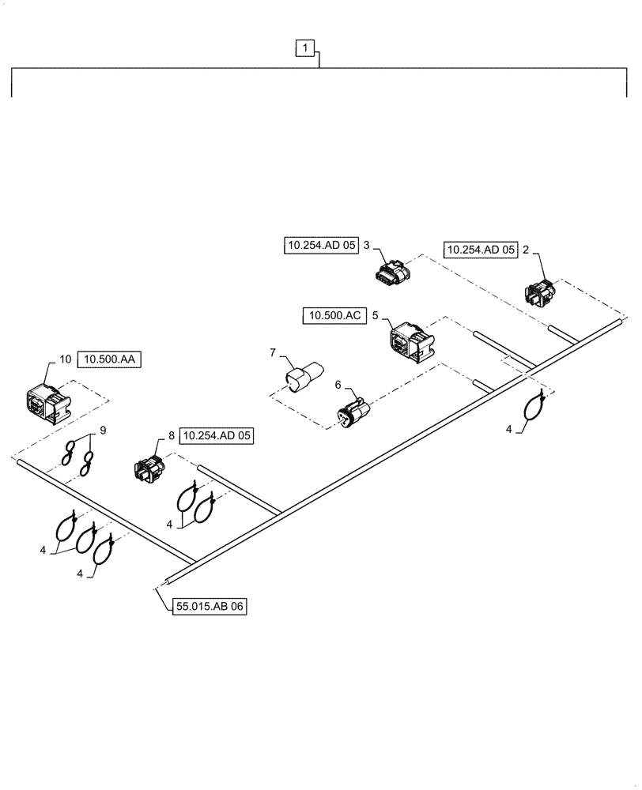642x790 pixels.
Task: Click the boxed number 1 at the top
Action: coord(305,49)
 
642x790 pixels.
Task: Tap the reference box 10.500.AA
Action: coord(108,359)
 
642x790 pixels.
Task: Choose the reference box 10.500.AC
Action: coord(333,316)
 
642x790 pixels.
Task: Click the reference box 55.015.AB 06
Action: coord(208,607)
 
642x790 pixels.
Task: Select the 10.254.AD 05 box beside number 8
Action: coord(217,435)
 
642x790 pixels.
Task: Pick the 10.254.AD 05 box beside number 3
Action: coord(320,246)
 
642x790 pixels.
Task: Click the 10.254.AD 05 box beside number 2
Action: coord(480,249)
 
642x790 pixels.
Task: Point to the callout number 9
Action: coord(101,431)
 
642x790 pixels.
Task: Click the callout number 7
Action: coord(273,350)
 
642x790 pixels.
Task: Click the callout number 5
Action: coord(375,316)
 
